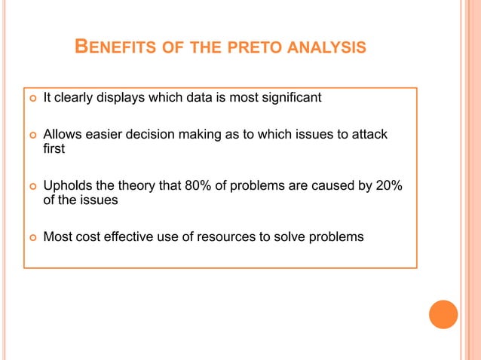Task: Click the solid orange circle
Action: click(443, 314)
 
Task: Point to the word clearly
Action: click(78, 96)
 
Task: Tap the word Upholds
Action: click(69, 186)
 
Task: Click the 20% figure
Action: click(385, 186)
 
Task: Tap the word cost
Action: click(89, 238)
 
